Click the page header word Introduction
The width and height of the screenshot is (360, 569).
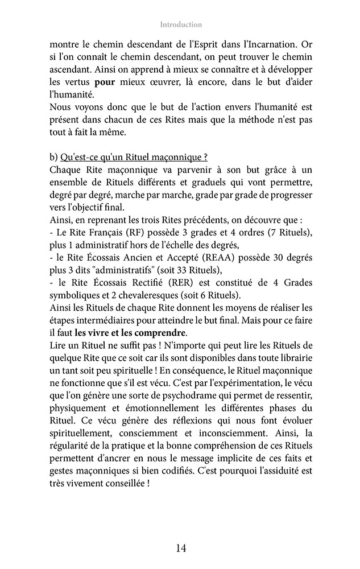(180, 24)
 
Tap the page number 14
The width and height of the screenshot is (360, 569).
(180, 549)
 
